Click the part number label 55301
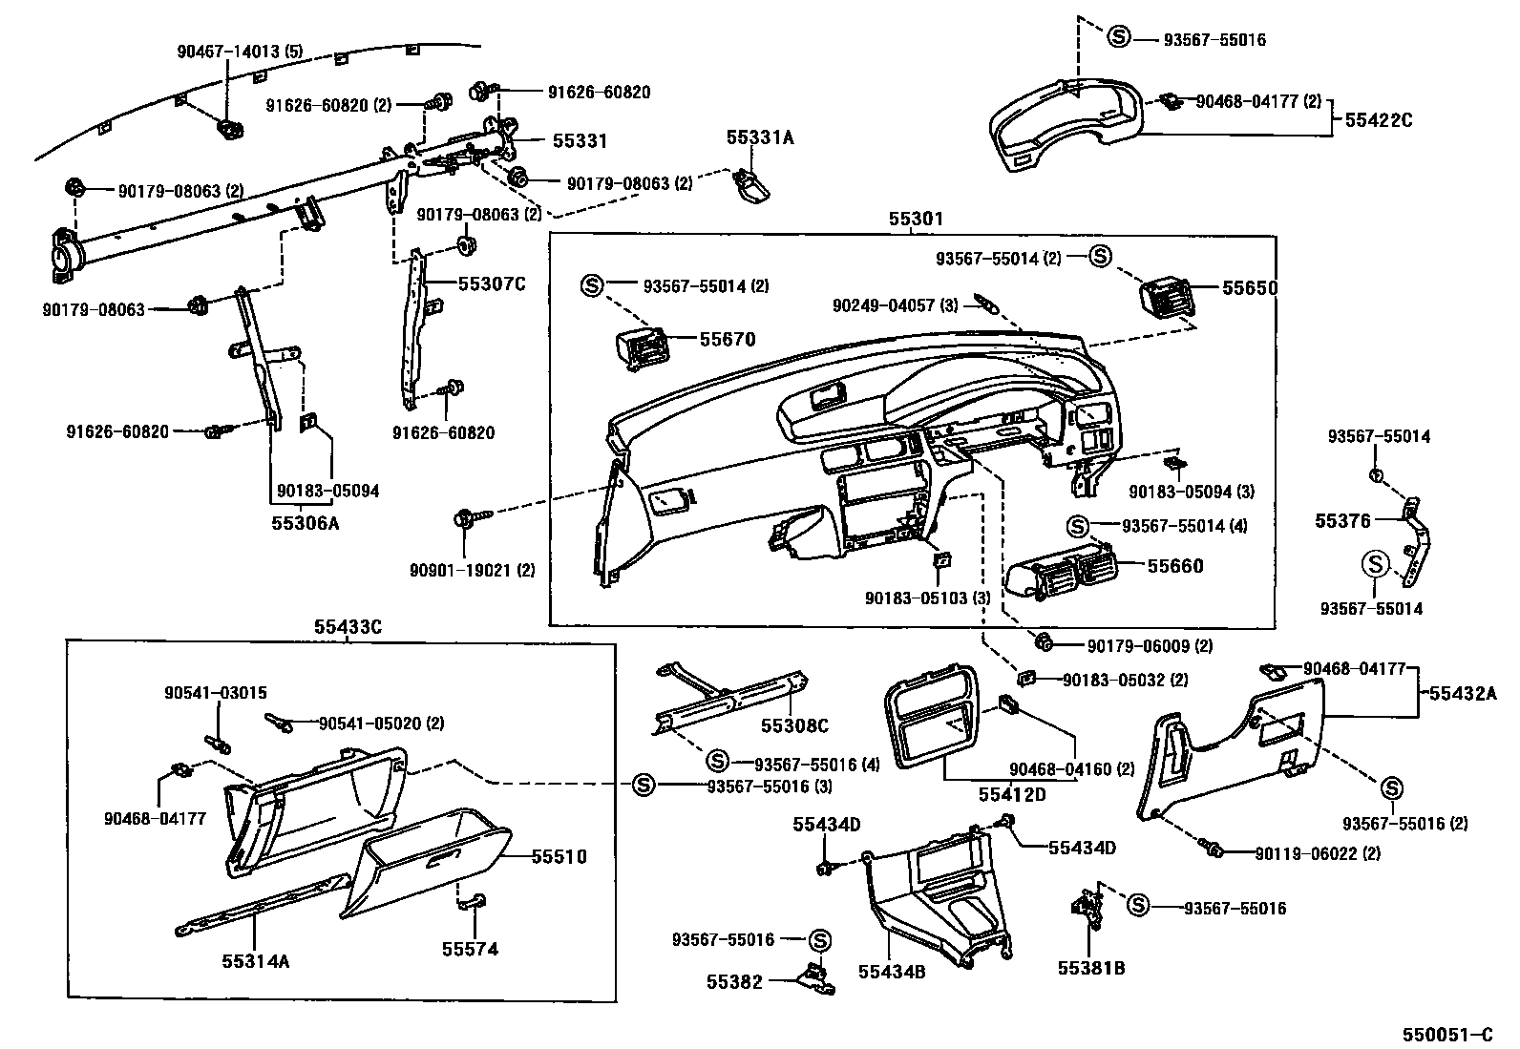coord(916,219)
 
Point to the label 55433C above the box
coord(348,627)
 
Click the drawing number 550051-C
coord(1446,1035)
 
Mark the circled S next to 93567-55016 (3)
coord(644,785)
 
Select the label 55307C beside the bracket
coord(492,283)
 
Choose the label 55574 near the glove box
coord(470,949)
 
